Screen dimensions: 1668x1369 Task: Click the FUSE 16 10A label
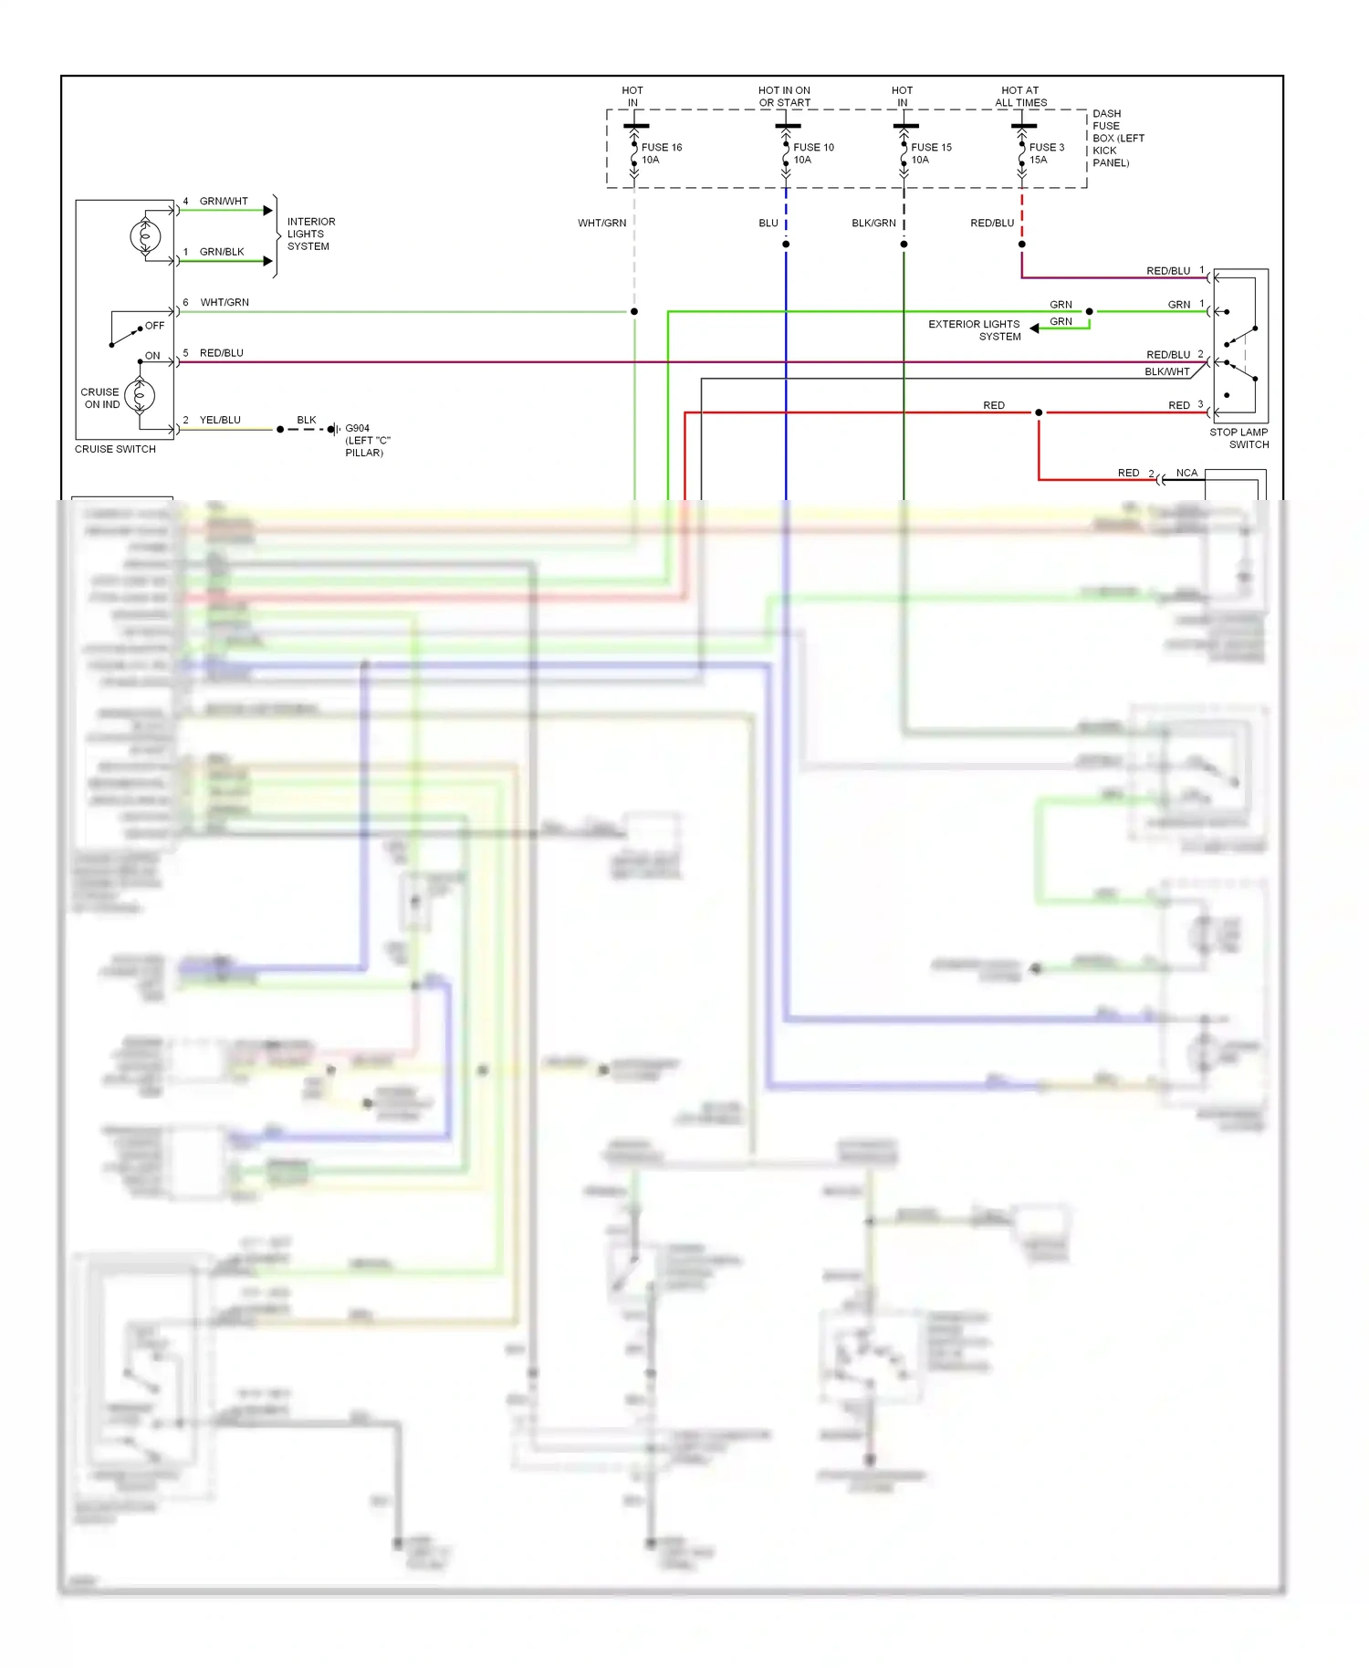(x=661, y=153)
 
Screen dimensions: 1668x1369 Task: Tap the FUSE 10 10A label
(x=812, y=153)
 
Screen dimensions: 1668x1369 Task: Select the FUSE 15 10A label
(x=930, y=153)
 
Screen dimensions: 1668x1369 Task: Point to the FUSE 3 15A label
(x=1046, y=153)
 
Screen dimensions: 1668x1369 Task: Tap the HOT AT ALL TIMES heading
(x=1020, y=97)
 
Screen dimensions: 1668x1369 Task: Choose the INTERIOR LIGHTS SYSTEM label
(x=310, y=234)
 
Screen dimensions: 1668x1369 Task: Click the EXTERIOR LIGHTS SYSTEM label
(x=975, y=330)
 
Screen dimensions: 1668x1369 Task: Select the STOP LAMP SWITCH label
(x=1238, y=438)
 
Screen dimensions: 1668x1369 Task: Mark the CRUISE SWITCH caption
(x=115, y=449)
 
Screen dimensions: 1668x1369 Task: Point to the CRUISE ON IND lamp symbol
(x=140, y=396)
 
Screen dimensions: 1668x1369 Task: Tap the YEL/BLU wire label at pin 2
(x=220, y=420)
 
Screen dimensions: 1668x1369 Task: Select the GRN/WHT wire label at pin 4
(x=224, y=201)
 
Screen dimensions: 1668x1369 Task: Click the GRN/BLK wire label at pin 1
(x=222, y=252)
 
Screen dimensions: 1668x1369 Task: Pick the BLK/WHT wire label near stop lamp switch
(x=1166, y=371)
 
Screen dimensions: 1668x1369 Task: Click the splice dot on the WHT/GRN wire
(x=634, y=312)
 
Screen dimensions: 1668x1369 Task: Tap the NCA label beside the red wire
(x=1186, y=473)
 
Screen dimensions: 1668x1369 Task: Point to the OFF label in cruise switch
(x=155, y=326)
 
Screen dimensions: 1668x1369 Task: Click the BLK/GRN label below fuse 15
(x=873, y=223)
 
